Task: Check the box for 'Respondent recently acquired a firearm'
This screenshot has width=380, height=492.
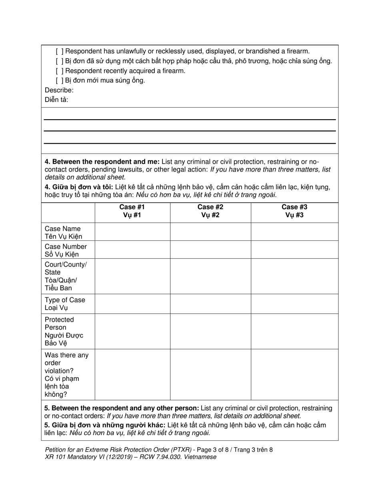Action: coord(59,71)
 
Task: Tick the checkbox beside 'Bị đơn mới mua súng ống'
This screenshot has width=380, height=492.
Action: coord(59,80)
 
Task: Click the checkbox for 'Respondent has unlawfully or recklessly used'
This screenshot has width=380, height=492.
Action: coord(59,51)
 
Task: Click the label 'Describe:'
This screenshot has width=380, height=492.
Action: coord(59,90)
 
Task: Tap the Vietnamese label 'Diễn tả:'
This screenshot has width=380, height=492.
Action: coord(56,100)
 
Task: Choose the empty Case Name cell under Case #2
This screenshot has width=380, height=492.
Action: coord(210,232)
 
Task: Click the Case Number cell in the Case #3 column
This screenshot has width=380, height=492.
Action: coord(294,250)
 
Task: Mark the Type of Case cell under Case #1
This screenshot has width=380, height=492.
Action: coord(132,304)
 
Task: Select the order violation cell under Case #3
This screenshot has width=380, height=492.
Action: coord(294,374)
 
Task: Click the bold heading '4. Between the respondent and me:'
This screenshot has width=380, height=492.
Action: coord(102,162)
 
